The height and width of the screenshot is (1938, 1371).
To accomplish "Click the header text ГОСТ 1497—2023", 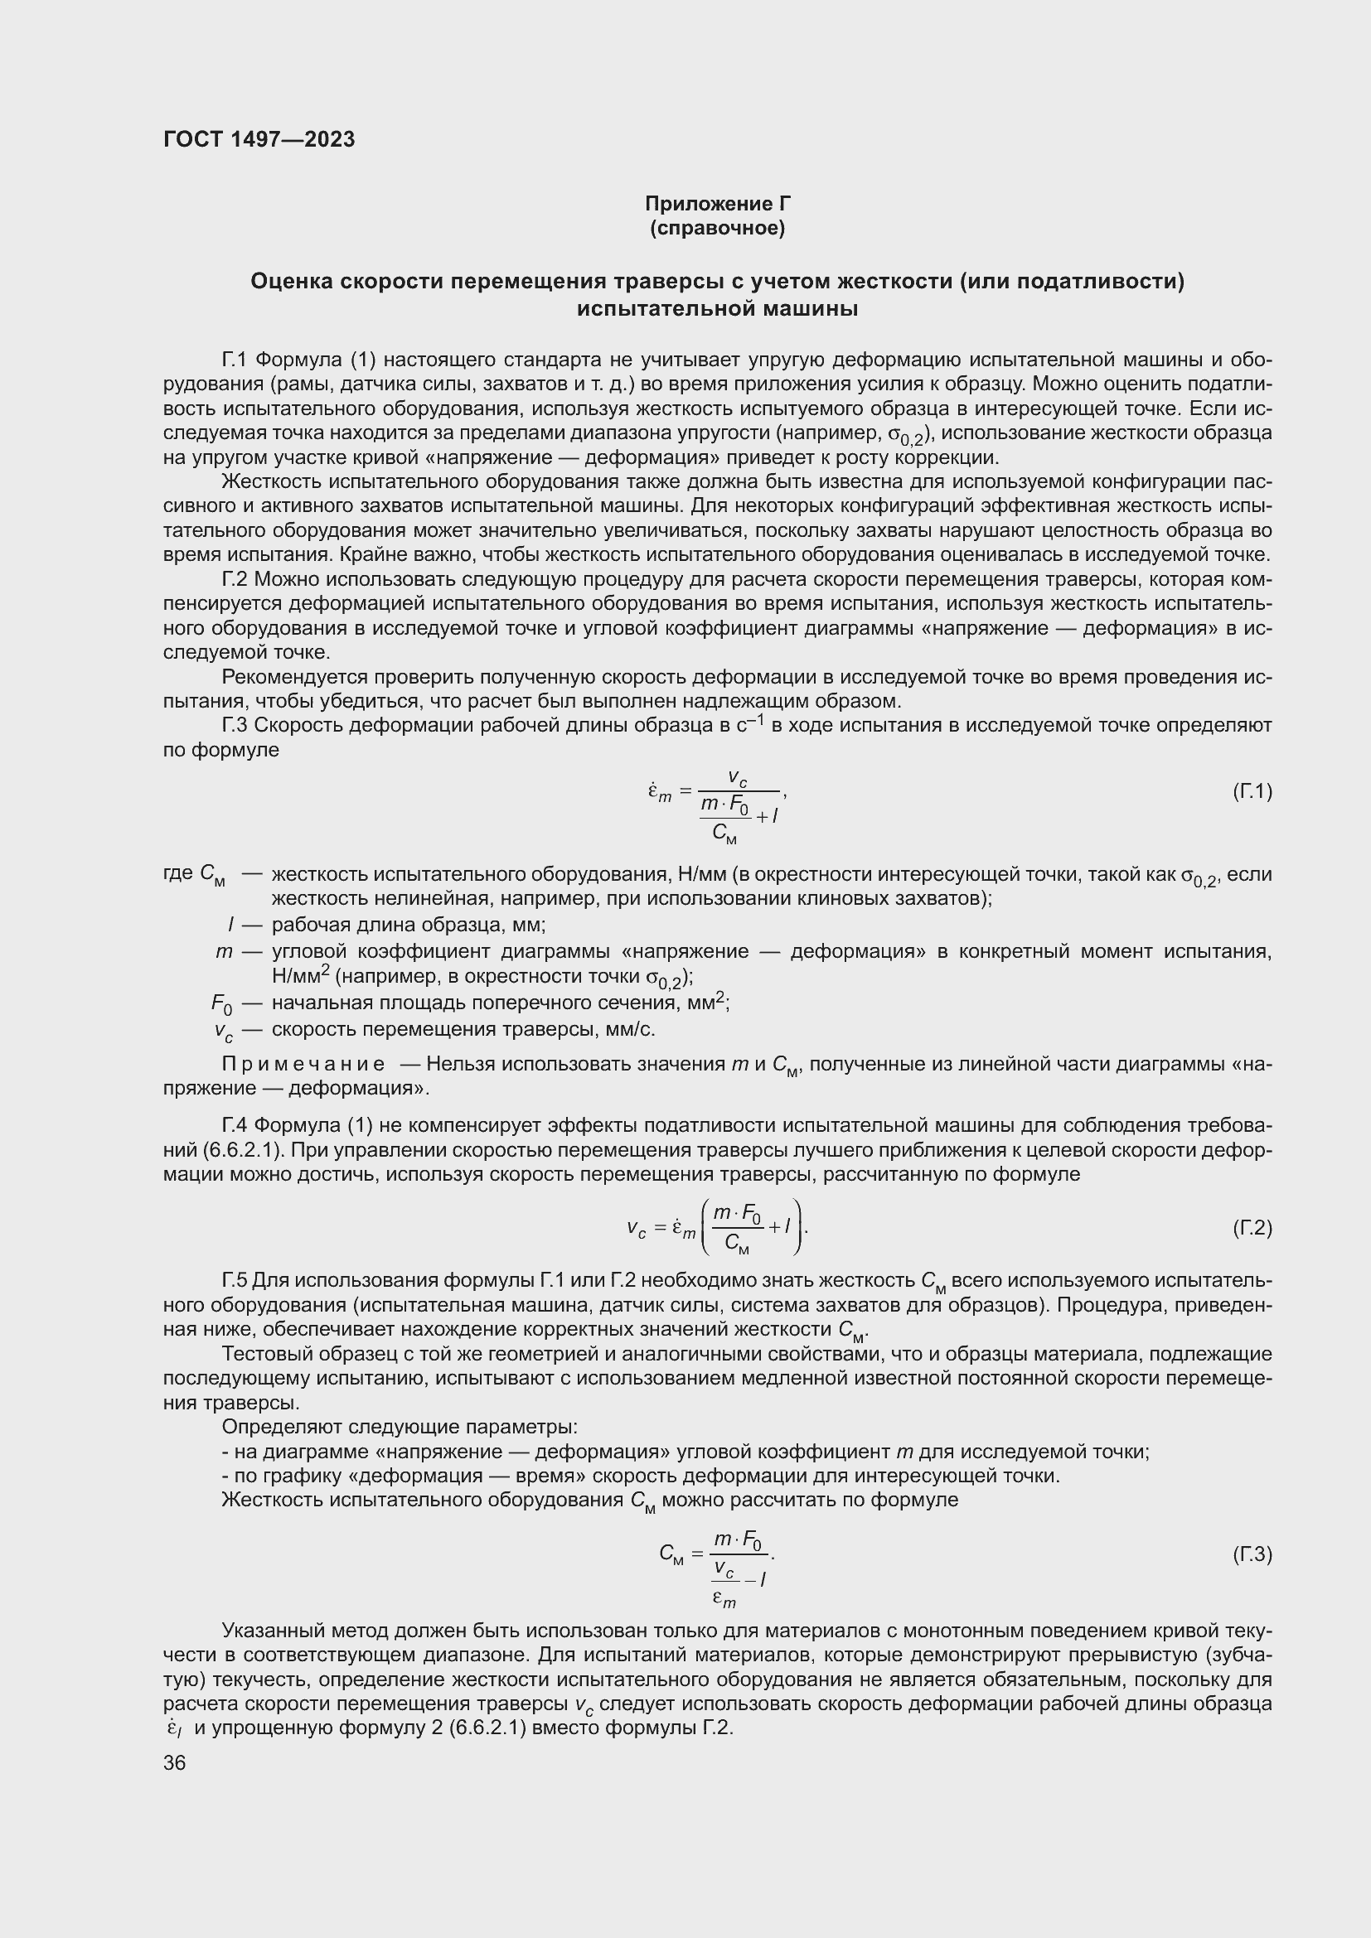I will [x=259, y=139].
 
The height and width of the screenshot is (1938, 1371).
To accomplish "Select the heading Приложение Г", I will [x=718, y=204].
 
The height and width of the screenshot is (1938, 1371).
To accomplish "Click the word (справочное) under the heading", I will [x=718, y=228].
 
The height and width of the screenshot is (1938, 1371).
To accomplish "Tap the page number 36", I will [x=175, y=1762].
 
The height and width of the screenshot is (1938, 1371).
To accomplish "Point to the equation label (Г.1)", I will [x=1251, y=791].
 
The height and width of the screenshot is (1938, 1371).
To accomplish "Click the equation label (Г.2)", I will [x=1251, y=1227].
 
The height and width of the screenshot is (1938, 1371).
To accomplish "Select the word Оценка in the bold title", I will [x=291, y=281].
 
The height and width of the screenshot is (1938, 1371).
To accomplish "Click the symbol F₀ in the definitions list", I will [x=221, y=1003].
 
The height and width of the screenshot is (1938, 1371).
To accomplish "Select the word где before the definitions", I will [x=177, y=873].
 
